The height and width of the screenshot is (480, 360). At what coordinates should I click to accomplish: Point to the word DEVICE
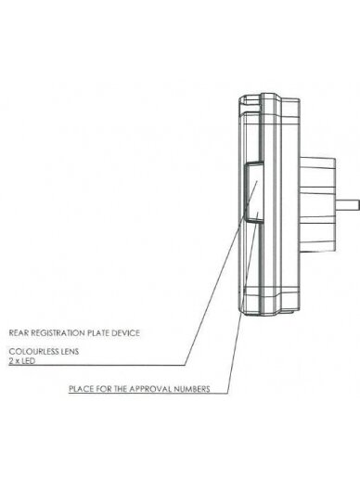(125, 333)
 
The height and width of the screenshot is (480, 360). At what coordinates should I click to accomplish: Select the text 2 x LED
(21, 361)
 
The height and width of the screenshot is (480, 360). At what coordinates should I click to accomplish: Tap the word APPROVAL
(150, 389)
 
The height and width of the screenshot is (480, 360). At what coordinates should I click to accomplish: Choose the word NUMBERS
(192, 389)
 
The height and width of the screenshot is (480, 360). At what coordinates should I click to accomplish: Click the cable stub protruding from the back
(348, 205)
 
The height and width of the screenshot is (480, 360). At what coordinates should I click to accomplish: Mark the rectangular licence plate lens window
(254, 191)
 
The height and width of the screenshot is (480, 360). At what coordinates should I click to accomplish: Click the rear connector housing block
(317, 204)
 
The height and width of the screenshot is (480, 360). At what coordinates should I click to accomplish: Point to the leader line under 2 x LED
(97, 365)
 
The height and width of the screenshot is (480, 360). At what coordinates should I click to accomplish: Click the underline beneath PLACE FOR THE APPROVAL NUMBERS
(148, 394)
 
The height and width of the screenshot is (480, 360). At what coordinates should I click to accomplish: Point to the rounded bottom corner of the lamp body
(243, 310)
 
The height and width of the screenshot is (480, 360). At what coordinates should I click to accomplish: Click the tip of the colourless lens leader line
(257, 181)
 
